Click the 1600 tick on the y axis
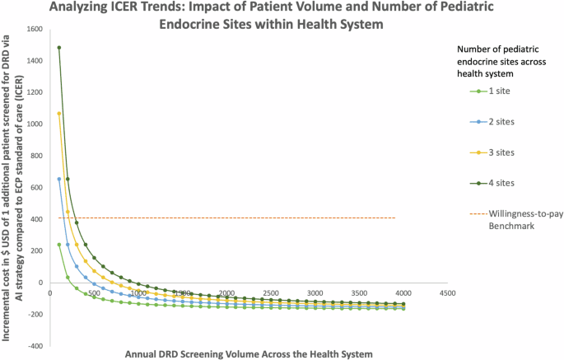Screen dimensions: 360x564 coord(36,29)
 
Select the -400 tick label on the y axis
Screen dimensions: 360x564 coord(36,346)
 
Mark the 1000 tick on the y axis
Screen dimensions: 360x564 coord(36,124)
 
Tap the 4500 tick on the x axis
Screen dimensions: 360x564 coord(447,292)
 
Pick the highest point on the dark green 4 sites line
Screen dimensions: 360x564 coord(59,48)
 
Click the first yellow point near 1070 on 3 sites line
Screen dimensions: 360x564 coord(59,114)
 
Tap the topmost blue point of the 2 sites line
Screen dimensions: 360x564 coord(59,179)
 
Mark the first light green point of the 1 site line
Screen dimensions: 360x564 coord(59,245)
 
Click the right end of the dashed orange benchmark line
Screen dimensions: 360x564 coord(395,218)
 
